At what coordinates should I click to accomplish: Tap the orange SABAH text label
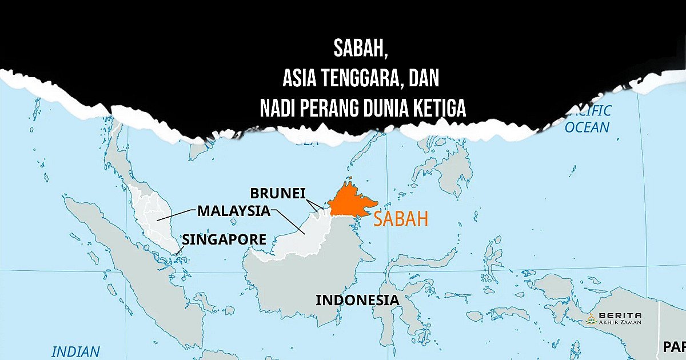tap(401, 219)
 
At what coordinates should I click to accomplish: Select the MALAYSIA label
tap(233, 210)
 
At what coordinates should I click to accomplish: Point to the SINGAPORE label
tap(224, 239)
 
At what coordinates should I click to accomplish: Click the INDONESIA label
tap(357, 300)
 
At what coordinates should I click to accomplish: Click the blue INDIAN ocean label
tap(75, 351)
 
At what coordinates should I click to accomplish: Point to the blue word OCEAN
tap(587, 127)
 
